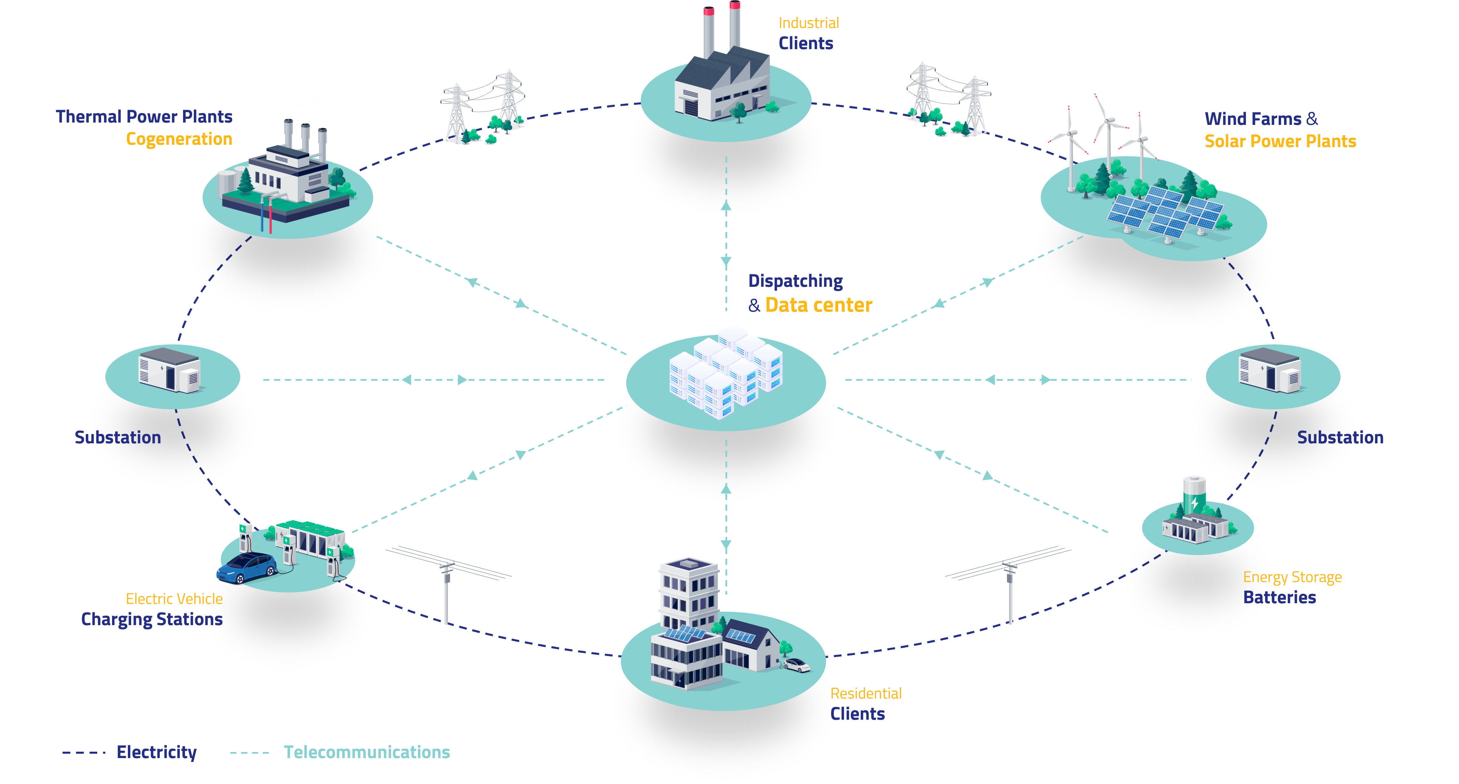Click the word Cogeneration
tap(179, 139)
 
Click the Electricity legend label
tap(156, 752)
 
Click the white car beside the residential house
tap(797, 665)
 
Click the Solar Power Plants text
tap(1280, 141)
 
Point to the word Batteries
tap(1279, 598)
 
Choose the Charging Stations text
tap(152, 619)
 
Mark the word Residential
tap(865, 693)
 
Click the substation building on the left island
tap(169, 371)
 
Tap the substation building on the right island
tap(1270, 371)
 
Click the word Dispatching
tap(795, 281)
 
